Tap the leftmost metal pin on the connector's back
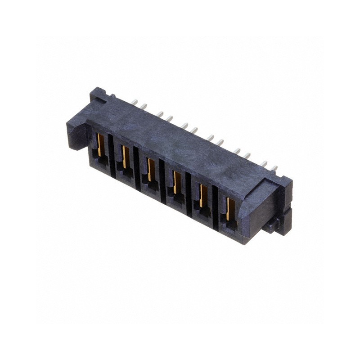(x=135, y=102)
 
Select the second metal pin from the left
(x=144, y=106)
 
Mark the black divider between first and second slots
(x=111, y=153)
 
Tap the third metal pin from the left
(x=160, y=114)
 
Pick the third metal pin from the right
(x=247, y=156)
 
